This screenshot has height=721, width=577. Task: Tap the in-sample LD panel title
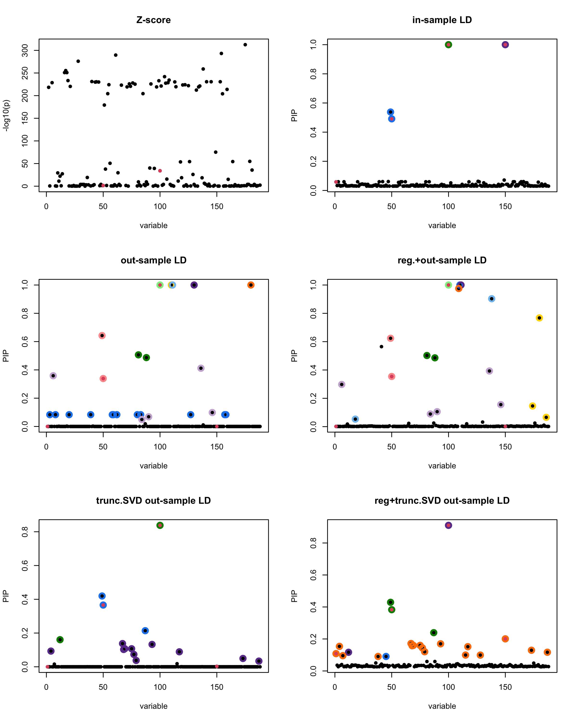(x=442, y=20)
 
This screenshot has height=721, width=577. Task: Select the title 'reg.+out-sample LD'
(x=442, y=260)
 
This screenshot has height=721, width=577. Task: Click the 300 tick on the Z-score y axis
(x=25, y=50)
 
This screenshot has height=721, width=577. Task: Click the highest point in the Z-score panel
(x=245, y=45)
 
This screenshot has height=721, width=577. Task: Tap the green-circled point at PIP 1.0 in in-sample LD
(x=448, y=45)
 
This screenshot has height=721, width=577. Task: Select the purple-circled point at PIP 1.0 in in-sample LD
(x=505, y=45)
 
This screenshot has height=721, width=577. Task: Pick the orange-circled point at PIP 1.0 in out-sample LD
(x=251, y=285)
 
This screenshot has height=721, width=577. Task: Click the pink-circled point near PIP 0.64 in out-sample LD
(x=102, y=336)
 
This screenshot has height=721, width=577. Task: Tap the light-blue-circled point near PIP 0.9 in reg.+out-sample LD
(x=491, y=299)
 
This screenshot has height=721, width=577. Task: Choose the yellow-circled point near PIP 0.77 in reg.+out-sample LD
(x=539, y=318)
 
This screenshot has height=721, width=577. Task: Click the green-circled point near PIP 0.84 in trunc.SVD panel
(x=160, y=525)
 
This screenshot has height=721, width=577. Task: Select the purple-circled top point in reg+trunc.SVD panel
(x=448, y=525)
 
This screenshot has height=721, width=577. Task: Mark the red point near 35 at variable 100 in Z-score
(x=160, y=171)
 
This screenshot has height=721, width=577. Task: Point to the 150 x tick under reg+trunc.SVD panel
(x=505, y=687)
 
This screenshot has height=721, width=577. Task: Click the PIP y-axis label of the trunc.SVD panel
(x=6, y=596)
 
